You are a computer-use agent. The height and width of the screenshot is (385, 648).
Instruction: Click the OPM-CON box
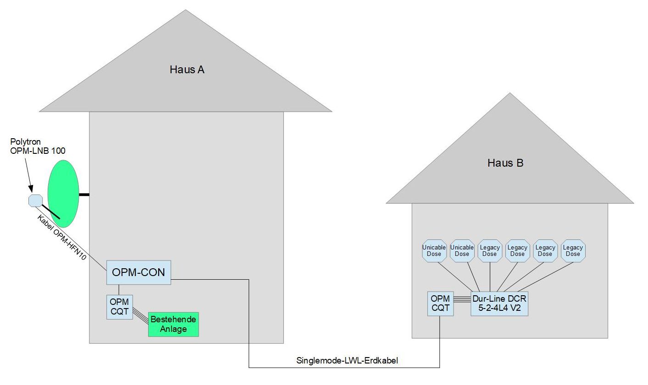pos(138,272)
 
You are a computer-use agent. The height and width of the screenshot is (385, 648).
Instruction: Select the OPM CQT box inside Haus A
pos(119,307)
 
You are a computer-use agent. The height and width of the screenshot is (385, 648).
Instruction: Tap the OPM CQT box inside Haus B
pos(440,303)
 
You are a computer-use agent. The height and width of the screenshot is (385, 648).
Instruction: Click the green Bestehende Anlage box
pos(173,324)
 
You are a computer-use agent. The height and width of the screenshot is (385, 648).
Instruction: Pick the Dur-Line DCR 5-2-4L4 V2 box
pos(499,303)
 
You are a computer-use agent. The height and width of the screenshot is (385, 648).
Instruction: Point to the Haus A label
pos(187,70)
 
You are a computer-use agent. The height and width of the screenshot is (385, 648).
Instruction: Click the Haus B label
pos(505,163)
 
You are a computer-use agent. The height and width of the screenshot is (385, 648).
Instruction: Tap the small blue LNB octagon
pos(35,201)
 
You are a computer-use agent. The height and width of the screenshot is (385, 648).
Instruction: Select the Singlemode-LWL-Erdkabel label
pos(347,361)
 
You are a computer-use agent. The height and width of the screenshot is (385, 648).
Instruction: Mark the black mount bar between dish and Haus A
pos(84,195)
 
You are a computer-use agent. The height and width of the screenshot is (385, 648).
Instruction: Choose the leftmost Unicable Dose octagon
pos(434,250)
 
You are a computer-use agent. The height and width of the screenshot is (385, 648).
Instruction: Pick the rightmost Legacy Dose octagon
pos(573,250)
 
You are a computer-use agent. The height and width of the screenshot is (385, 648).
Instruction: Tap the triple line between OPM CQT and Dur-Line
pos(462,300)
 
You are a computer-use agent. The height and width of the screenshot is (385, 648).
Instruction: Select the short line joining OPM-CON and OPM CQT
pos(119,289)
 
